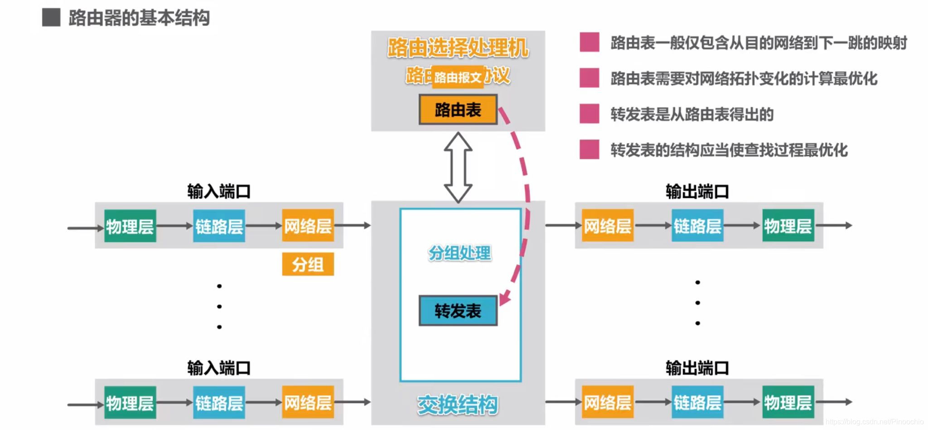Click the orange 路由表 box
458,109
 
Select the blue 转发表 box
458,311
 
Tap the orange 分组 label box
308,264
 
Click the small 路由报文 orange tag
458,78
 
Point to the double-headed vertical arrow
458,167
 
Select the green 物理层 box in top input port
130,225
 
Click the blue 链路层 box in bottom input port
219,402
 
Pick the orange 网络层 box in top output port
607,225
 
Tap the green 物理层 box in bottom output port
788,402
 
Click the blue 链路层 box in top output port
697,225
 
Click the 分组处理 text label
459,253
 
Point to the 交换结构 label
457,405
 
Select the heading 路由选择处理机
458,48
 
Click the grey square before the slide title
51,18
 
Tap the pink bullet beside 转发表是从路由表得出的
589,114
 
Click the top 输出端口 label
697,191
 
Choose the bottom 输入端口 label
219,368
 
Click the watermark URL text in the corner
874,422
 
